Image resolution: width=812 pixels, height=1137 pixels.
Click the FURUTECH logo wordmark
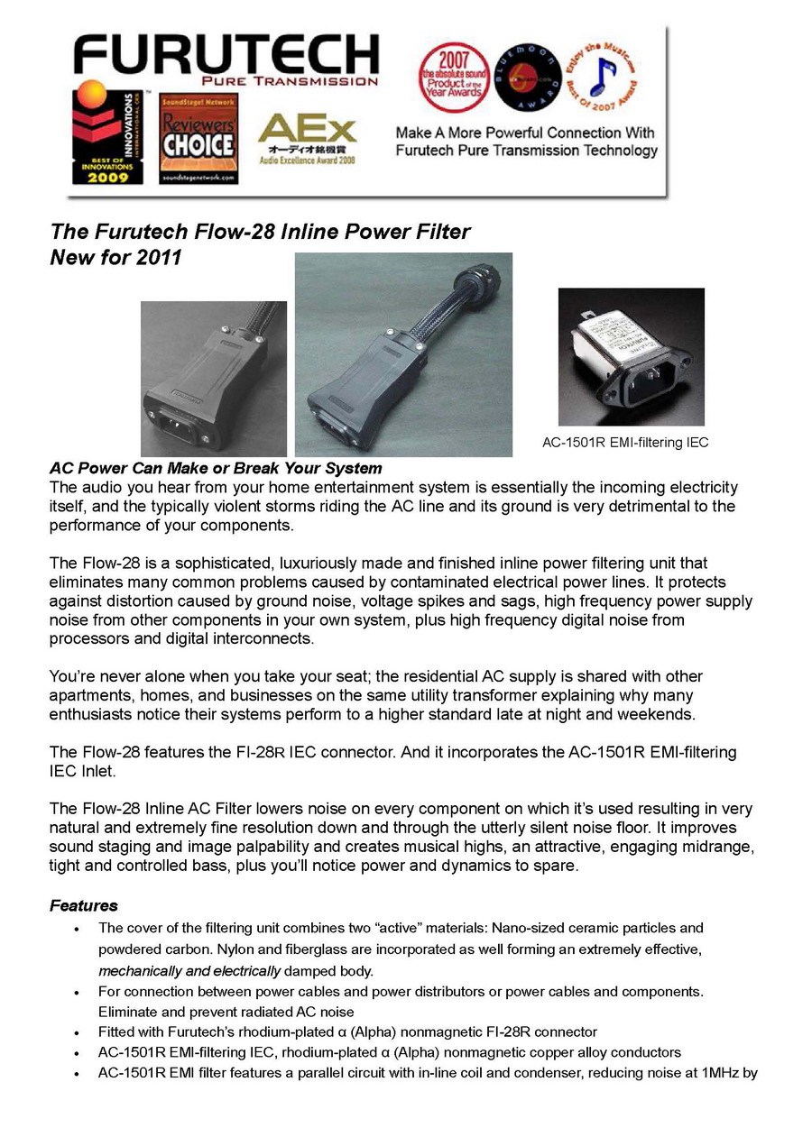pos(226,53)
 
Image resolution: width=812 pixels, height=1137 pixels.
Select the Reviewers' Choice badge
pos(198,139)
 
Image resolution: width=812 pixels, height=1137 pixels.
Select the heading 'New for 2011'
pos(115,258)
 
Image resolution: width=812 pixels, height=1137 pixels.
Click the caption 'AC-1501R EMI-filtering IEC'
pos(625,442)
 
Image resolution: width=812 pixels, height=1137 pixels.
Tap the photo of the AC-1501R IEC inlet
pos(631,356)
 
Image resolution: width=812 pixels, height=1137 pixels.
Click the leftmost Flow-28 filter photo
pos(213,378)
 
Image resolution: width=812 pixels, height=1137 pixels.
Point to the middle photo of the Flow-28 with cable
pos(403,353)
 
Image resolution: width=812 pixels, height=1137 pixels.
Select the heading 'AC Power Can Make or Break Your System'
pos(216,469)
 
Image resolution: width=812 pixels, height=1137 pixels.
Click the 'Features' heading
pos(84,905)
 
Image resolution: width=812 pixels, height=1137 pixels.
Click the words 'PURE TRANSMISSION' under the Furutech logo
pos(302,81)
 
